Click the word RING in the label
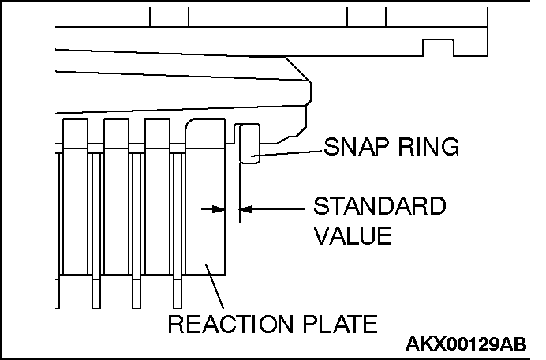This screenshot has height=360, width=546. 428,146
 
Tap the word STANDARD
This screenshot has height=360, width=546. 380,206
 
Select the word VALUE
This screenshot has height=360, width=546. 353,235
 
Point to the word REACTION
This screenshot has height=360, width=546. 230,324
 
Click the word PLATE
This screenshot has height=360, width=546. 340,324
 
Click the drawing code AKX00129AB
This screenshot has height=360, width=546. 466,344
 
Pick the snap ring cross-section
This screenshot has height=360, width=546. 249,143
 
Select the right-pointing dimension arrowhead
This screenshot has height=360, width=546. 219,209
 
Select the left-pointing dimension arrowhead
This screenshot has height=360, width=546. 246,209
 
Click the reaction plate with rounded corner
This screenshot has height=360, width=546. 205,197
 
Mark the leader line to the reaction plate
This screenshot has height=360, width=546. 215,287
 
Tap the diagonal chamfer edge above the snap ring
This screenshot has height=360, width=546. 298,69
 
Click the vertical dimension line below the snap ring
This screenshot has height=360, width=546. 240,193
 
